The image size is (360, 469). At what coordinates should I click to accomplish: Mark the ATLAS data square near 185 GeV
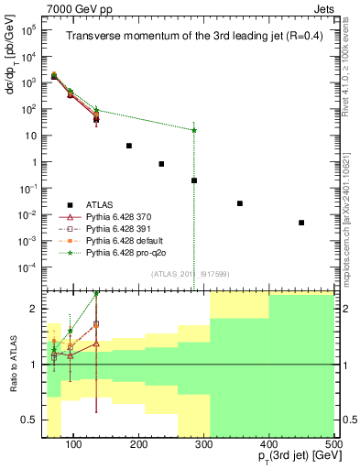[x=129, y=146]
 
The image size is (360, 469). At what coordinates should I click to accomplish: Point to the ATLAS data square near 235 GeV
[x=161, y=164]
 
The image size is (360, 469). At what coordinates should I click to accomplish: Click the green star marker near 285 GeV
[x=194, y=130]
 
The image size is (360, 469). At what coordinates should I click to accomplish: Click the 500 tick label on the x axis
[x=333, y=444]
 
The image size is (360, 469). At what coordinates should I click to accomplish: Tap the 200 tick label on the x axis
[x=138, y=444]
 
